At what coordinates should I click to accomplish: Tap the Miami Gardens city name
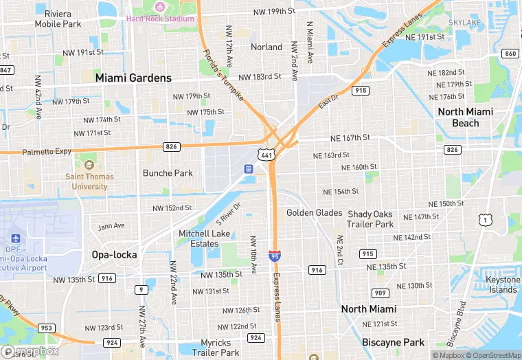click(133, 78)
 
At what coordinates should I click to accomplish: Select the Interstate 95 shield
click(275, 256)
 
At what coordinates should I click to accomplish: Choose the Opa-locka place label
click(114, 255)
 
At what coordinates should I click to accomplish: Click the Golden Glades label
click(314, 213)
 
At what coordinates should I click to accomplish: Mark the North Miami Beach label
click(465, 117)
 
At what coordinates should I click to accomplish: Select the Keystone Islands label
click(503, 284)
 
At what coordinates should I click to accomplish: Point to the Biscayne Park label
click(393, 342)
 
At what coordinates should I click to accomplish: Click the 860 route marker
click(510, 54)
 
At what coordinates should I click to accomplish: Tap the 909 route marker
click(381, 274)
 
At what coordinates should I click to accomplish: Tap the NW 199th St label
click(273, 12)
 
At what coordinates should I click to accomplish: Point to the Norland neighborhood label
click(266, 47)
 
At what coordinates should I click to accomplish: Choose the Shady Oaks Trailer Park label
click(371, 219)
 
